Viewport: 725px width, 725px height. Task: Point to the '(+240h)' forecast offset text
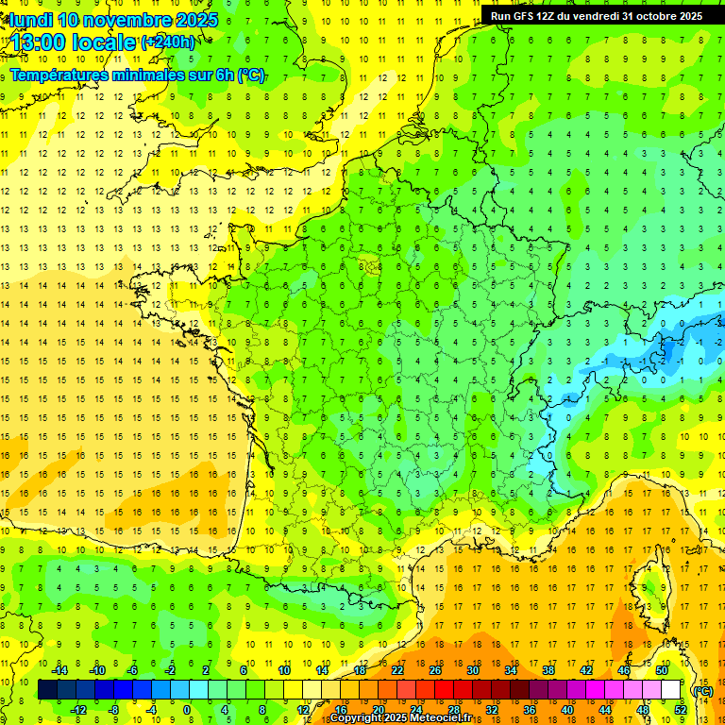pyautogui.click(x=169, y=42)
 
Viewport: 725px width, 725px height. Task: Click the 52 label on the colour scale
pyautogui.click(x=681, y=710)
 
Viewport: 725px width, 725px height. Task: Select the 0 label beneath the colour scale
pyautogui.click(x=187, y=710)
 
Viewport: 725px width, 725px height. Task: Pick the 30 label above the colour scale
pyautogui.click(x=473, y=670)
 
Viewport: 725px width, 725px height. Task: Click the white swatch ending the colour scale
pyautogui.click(x=671, y=690)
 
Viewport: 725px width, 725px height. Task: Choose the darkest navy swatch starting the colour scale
pyautogui.click(x=47, y=690)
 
